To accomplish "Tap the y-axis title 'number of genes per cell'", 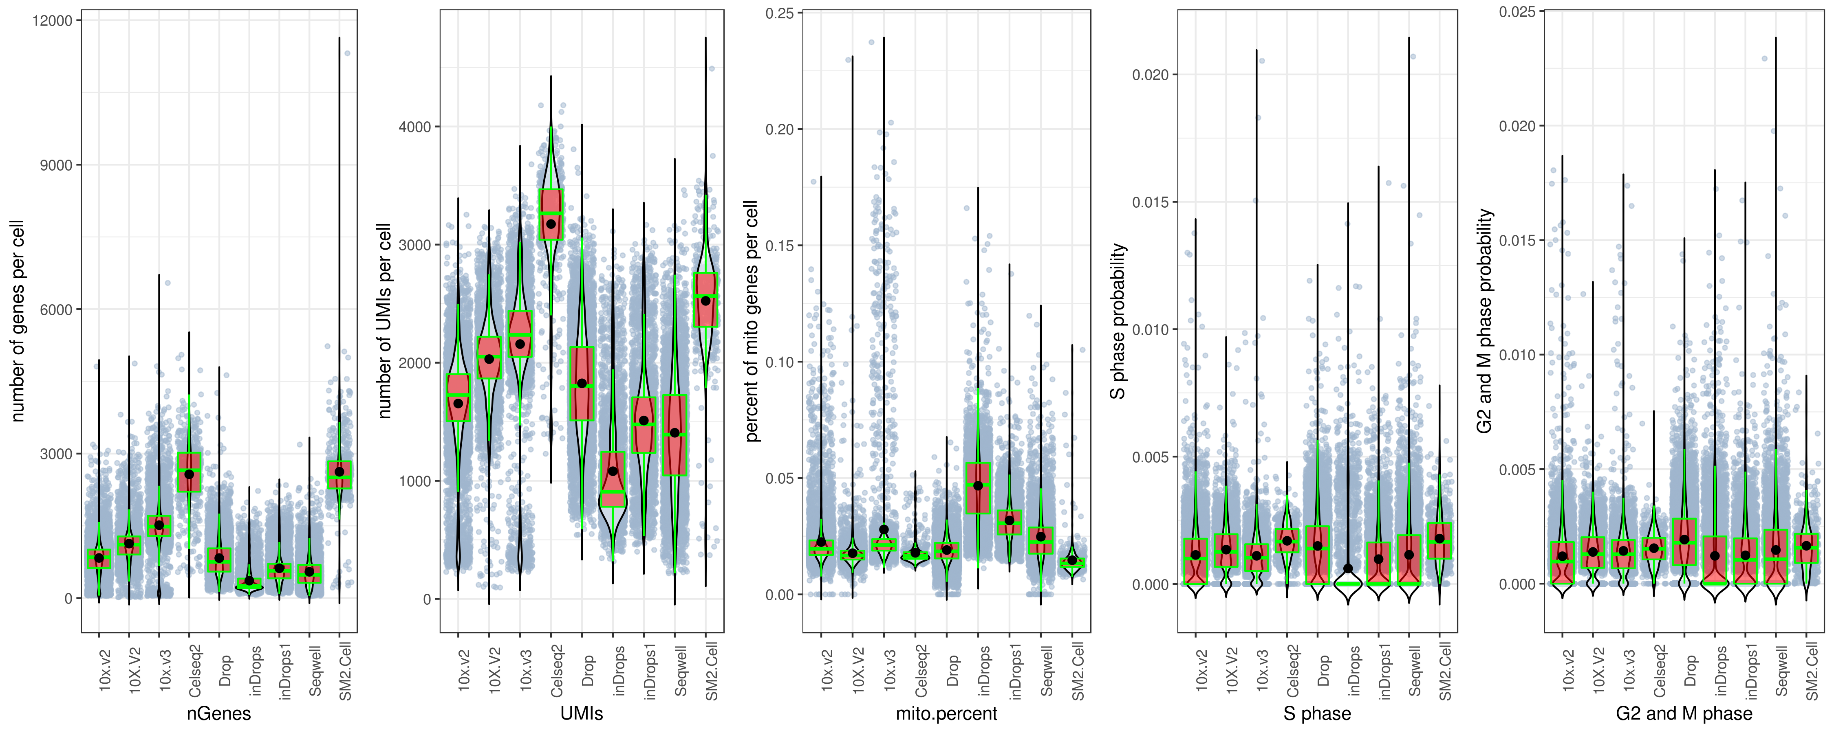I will click(x=18, y=320).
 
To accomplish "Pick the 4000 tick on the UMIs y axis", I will click(x=415, y=127).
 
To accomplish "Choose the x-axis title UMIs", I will click(x=582, y=713).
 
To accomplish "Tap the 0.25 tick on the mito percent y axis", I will click(x=780, y=13).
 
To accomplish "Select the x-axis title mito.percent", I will click(x=946, y=713).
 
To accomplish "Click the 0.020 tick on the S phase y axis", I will click(x=1151, y=75).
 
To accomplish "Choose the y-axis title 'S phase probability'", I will click(x=1118, y=320).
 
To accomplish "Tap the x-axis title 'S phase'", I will click(x=1317, y=713).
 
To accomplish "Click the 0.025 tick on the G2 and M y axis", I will click(x=1517, y=12).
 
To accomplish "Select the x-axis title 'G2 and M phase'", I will click(x=1684, y=713).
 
